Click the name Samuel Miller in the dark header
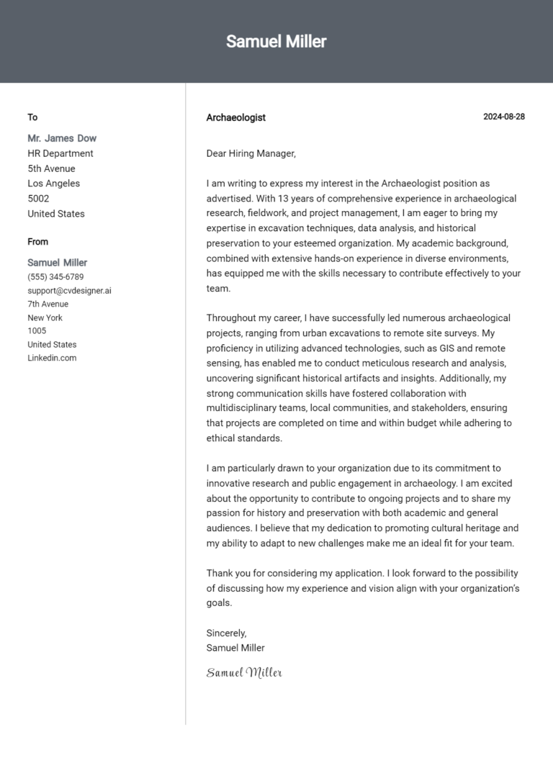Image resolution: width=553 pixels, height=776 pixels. pos(276,42)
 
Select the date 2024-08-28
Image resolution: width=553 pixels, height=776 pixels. pos(503,117)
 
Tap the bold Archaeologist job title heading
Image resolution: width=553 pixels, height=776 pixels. pos(235,117)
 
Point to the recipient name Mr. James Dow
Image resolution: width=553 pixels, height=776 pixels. pos(62,138)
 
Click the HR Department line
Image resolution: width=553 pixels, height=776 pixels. pos(60,153)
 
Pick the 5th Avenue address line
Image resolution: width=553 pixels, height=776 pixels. pos(51,168)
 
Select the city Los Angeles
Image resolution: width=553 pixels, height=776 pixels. pos(54,184)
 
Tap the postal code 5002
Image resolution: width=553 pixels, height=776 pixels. pos(38,199)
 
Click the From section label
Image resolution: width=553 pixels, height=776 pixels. pos(38,242)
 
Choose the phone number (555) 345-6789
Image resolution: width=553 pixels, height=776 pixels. pos(55,277)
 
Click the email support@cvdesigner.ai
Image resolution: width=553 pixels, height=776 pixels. pos(69,291)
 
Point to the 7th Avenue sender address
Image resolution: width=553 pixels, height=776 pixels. pos(48,304)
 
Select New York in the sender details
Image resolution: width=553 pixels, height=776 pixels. pos(45,317)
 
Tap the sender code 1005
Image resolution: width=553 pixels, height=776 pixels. pos(37,331)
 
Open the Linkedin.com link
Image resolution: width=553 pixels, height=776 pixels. pos(52,358)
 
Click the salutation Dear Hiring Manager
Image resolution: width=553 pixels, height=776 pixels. pos(251,153)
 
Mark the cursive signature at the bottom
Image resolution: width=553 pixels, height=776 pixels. pos(244,673)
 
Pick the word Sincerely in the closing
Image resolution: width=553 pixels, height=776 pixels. pos(226,633)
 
